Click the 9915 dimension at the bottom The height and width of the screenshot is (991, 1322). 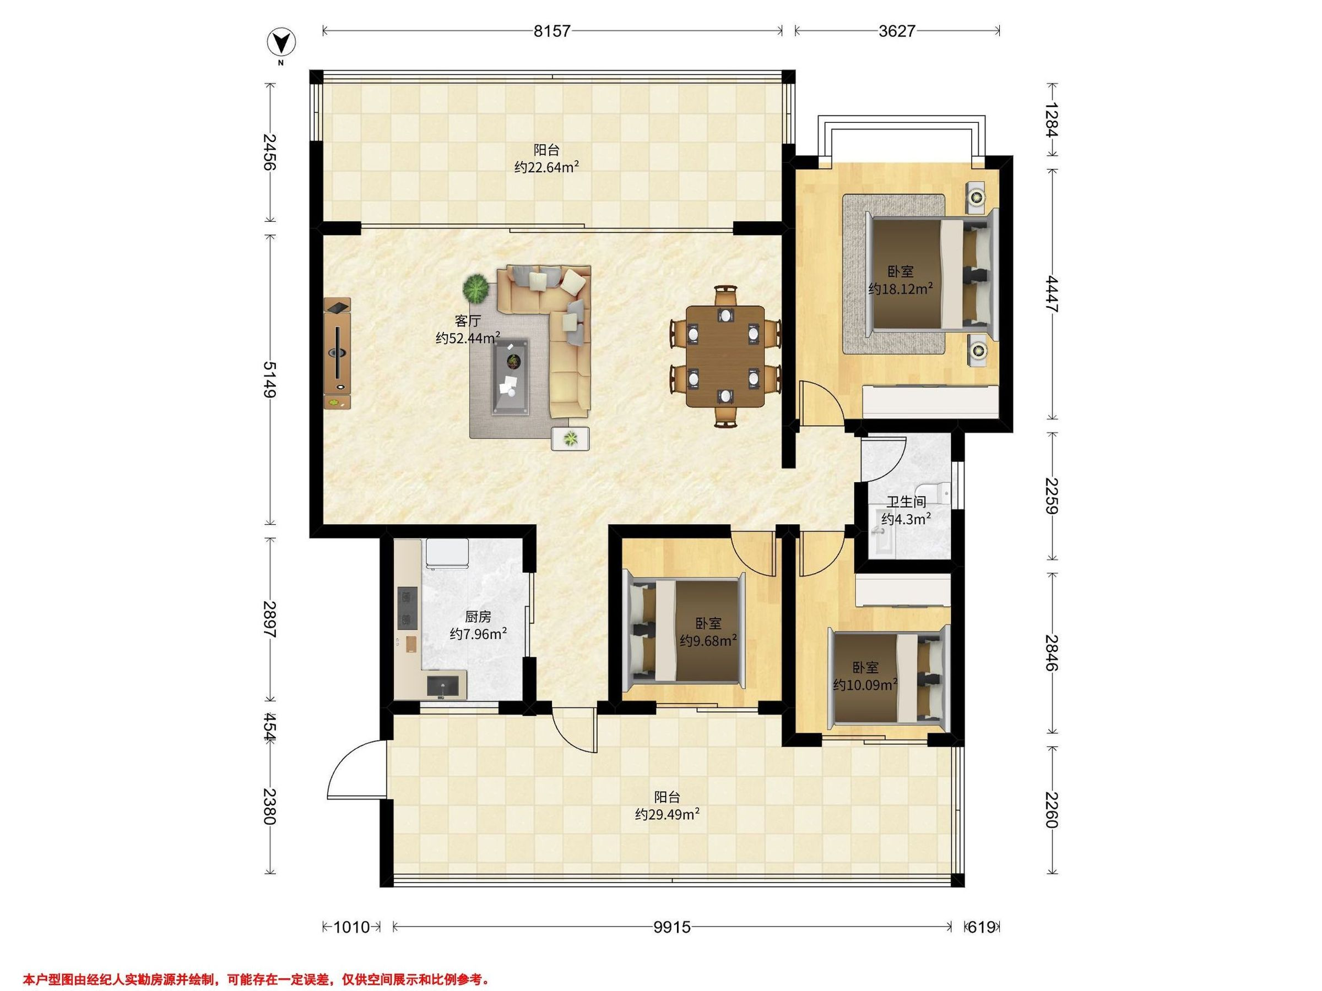tap(672, 927)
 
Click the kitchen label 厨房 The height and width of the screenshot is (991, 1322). tap(478, 617)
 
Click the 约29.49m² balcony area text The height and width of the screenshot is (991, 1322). tap(668, 814)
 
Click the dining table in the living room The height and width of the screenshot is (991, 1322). tap(725, 356)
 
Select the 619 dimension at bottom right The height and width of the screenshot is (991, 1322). tap(982, 927)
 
